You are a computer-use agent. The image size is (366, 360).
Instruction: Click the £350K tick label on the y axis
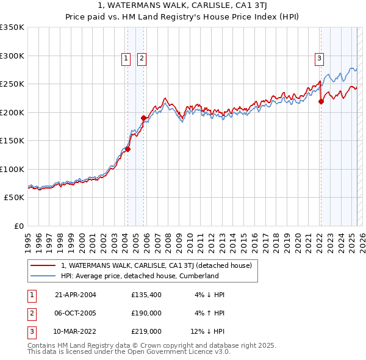[12, 27]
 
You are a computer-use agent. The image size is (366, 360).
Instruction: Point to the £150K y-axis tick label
[12, 140]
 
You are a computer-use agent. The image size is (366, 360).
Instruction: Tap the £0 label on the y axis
[18, 226]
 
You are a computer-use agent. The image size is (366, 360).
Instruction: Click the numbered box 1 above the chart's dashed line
[126, 59]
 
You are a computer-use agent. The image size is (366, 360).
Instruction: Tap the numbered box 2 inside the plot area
[142, 59]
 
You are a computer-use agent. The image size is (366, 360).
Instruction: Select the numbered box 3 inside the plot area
[319, 59]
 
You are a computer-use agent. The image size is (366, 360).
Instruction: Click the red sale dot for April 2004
[128, 148]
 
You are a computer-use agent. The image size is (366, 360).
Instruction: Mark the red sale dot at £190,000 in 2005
[144, 118]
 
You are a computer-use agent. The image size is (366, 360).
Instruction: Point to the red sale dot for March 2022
[321, 102]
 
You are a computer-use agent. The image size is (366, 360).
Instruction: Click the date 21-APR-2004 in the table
[76, 295]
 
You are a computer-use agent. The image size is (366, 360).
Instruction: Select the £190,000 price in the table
[146, 313]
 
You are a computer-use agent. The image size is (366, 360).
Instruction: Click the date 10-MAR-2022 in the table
[76, 331]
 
